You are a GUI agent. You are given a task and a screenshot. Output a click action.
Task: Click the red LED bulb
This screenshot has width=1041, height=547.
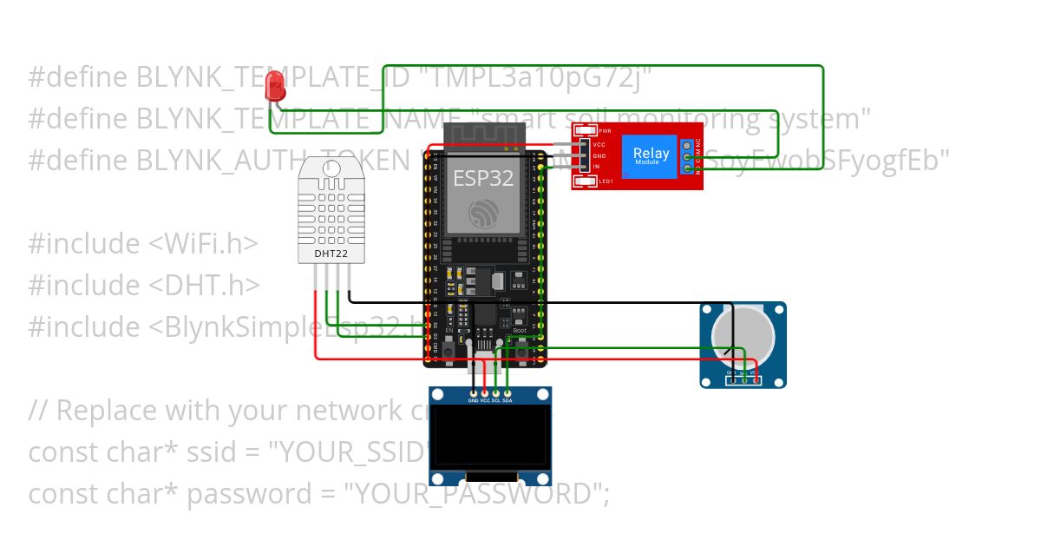click(x=275, y=84)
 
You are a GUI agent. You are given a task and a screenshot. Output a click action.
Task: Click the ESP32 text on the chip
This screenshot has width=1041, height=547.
click(x=483, y=179)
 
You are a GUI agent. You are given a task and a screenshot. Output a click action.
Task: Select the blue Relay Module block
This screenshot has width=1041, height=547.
click(x=651, y=155)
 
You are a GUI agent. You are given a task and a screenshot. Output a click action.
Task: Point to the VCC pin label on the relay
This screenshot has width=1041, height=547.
click(x=599, y=144)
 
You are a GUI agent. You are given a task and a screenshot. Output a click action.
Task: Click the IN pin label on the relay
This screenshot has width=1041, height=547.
click(x=596, y=166)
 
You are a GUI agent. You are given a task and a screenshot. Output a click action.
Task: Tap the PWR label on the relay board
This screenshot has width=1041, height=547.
click(x=605, y=130)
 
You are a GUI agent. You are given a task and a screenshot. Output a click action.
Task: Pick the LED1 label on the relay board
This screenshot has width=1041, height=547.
click(x=606, y=181)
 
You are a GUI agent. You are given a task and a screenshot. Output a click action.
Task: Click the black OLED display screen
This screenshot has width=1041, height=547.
click(x=490, y=438)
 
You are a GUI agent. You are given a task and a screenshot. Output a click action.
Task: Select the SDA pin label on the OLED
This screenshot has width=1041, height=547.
click(x=507, y=400)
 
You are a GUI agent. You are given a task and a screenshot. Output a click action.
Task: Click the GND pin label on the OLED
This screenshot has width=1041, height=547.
click(x=474, y=400)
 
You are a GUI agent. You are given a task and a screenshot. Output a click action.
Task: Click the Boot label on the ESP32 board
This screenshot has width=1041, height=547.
click(x=520, y=331)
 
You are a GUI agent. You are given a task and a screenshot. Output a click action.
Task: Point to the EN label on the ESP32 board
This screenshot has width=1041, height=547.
click(x=448, y=331)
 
